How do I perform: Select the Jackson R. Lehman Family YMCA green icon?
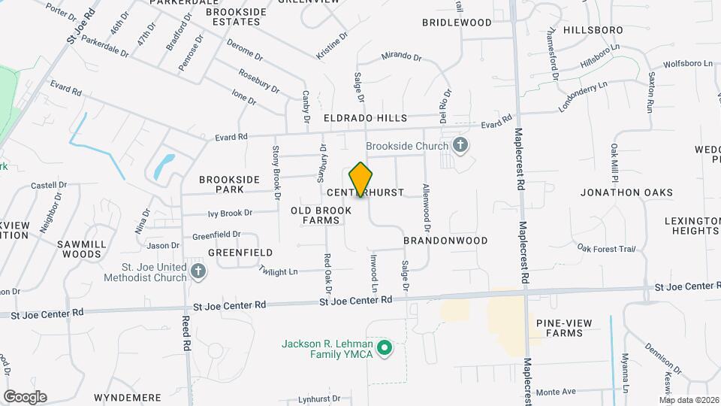[x=385, y=347]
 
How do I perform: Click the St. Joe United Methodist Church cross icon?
[x=198, y=271]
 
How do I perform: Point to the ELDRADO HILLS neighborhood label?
[x=365, y=119]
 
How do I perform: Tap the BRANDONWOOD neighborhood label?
[x=445, y=241]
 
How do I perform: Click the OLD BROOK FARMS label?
[x=321, y=215]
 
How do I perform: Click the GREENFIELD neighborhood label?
[x=240, y=253]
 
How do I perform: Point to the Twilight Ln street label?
[x=278, y=271]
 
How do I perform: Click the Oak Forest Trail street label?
[x=606, y=249]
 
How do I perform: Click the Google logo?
[x=25, y=397]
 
